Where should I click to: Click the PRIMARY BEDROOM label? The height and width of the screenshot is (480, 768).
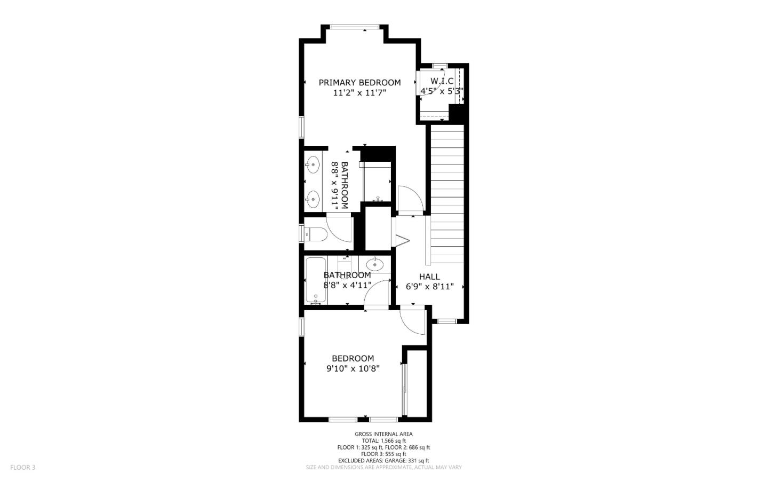pos(359,82)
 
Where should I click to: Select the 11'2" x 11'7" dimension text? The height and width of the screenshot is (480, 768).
pos(359,93)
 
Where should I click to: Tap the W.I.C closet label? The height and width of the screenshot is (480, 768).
pos(442,81)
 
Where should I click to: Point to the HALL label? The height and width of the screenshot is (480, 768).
pos(429,277)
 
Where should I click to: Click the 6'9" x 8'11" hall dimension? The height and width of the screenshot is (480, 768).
pos(429,287)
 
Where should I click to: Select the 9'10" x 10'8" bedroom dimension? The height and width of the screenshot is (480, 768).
pos(353,368)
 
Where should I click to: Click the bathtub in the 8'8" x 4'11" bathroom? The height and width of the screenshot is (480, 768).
pos(315,280)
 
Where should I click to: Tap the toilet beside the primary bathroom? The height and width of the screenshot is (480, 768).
pos(315,234)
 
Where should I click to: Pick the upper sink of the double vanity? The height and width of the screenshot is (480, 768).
pos(313,164)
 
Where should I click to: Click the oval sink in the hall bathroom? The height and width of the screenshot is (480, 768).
pos(375,264)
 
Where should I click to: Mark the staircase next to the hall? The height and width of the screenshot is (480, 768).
pos(447,192)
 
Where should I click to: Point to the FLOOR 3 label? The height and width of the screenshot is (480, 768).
pos(22,468)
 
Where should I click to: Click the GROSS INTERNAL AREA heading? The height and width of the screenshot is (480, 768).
pos(383,434)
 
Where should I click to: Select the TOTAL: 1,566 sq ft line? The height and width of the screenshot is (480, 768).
pos(383,441)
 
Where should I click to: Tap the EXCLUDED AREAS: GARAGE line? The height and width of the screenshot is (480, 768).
pos(383,460)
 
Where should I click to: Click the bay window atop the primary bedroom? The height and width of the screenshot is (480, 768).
pos(354,27)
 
